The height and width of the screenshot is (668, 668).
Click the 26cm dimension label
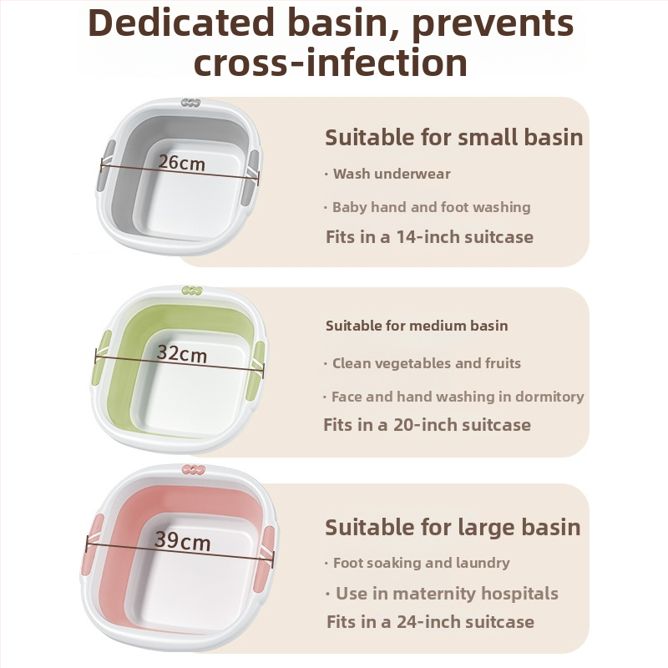(x=182, y=163)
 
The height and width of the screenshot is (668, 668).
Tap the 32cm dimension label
(x=182, y=353)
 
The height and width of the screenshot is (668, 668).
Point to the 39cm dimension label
(x=182, y=541)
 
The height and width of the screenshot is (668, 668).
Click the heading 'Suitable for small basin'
(x=453, y=138)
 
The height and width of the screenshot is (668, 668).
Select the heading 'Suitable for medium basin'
(x=417, y=326)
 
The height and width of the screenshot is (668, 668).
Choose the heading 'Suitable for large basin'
(x=453, y=528)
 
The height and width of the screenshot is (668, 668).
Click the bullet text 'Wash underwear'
(x=392, y=174)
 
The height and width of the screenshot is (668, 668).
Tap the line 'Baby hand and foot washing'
(x=431, y=207)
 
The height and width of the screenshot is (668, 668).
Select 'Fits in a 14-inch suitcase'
(x=429, y=237)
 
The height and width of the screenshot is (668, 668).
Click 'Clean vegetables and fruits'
(x=427, y=363)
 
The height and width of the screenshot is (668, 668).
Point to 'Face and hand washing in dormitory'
(x=458, y=397)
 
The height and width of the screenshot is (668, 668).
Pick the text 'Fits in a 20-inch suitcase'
(x=427, y=425)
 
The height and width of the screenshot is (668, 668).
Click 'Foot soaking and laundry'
(x=422, y=563)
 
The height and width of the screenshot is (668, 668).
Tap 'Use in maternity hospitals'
(x=447, y=594)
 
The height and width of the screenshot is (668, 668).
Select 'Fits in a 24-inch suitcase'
(x=430, y=622)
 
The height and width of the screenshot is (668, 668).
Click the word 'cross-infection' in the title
(x=331, y=62)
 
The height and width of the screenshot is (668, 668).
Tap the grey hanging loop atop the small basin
(x=191, y=103)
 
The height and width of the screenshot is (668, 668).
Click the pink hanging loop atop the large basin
(x=194, y=469)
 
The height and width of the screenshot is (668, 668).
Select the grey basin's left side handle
(x=106, y=165)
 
